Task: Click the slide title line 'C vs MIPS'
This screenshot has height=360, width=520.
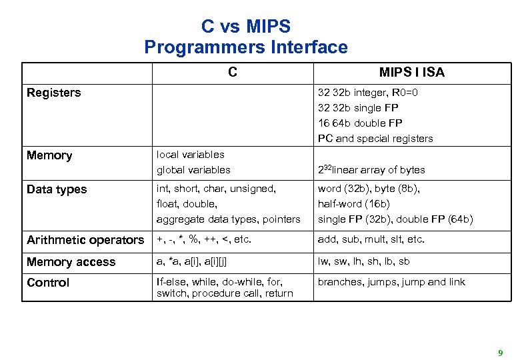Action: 246,27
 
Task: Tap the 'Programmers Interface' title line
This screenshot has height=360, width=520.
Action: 246,47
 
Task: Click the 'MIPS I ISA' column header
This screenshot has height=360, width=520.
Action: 411,73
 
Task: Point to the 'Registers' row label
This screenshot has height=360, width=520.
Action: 53,93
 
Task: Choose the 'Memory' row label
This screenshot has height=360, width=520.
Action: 49,155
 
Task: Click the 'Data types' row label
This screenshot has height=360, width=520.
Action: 57,189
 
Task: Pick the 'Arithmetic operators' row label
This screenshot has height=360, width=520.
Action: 85,240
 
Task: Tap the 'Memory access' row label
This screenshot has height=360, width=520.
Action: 71,262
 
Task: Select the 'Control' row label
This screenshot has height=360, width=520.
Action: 48,283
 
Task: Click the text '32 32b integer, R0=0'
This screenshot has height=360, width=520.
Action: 368,93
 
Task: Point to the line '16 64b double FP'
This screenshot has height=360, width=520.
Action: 360,123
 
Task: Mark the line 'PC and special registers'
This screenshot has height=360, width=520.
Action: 375,139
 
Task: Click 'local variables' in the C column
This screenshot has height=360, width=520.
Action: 190,155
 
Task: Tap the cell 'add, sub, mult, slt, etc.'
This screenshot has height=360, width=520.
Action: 371,239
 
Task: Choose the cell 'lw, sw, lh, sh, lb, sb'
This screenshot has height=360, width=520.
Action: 363,262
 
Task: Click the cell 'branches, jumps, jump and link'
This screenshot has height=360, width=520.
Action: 391,282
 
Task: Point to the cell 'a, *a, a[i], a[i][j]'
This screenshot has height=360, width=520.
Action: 196,262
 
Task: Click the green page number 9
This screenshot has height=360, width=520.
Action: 500,352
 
